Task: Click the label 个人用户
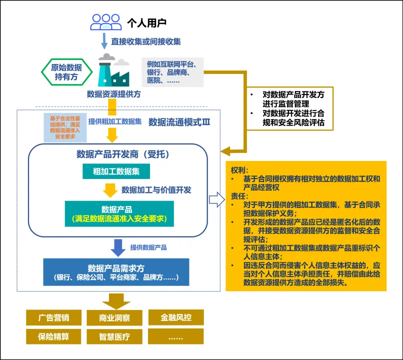pos(147,22)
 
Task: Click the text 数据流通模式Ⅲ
pos(179,122)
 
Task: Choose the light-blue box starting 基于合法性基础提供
pos(63,127)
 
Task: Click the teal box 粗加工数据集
pos(116,171)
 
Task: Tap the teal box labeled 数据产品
pos(119,213)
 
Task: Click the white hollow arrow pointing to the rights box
pos(216,200)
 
